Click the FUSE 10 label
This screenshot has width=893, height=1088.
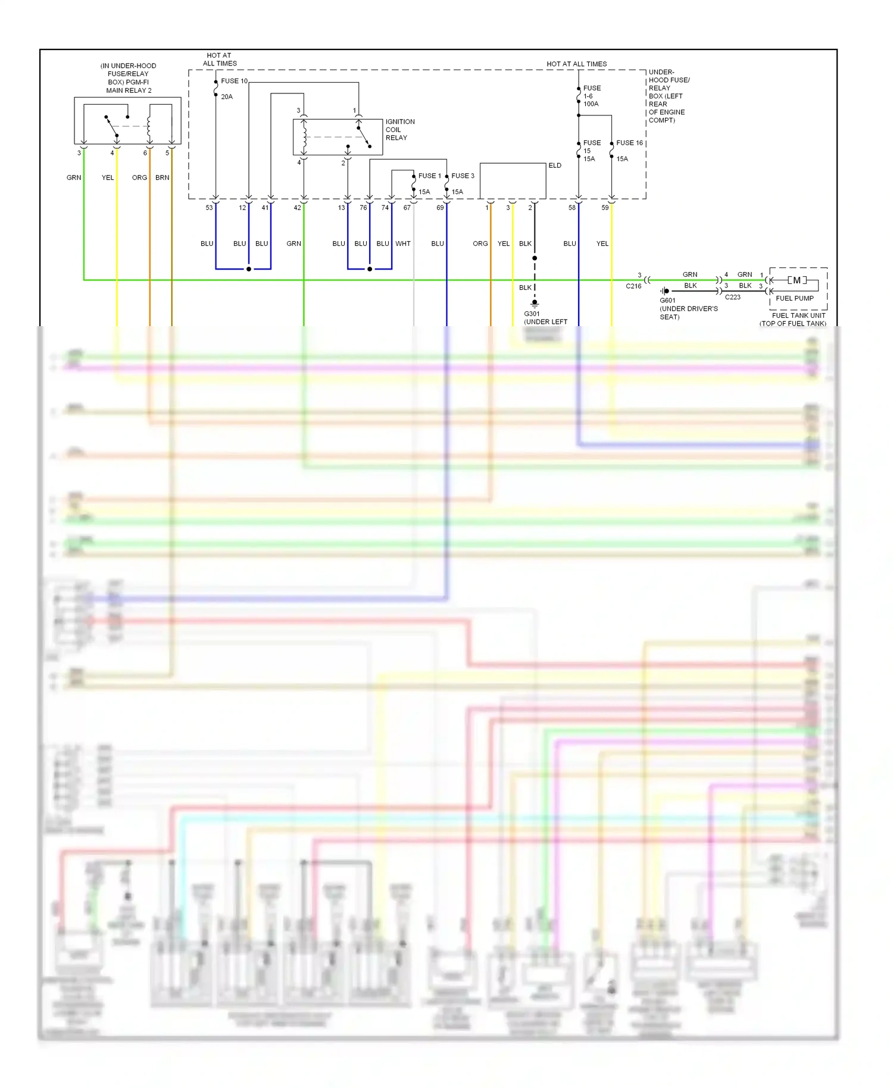(234, 81)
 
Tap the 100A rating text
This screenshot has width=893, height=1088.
(591, 104)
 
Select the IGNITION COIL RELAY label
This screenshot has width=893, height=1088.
(399, 130)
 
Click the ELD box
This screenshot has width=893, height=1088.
(513, 181)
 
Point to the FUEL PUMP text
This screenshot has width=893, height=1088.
(794, 298)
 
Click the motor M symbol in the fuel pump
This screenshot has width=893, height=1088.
(797, 280)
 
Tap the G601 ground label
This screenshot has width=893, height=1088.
(667, 301)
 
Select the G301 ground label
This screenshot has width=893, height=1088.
(532, 314)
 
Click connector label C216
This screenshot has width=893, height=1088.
(633, 286)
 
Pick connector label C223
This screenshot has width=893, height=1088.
(732, 297)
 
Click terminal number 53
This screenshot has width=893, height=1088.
(209, 208)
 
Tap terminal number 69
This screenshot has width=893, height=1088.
(440, 208)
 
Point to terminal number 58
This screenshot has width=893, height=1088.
(572, 208)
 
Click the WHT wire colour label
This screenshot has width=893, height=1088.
(403, 243)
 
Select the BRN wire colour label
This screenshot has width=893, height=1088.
(162, 177)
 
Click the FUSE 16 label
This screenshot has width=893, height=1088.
(629, 143)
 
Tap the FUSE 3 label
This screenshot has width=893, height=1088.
(463, 176)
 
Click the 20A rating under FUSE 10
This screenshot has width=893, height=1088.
(227, 96)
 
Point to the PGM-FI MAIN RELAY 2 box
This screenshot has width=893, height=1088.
(127, 121)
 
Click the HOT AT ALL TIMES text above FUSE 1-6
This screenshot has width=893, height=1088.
(576, 64)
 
